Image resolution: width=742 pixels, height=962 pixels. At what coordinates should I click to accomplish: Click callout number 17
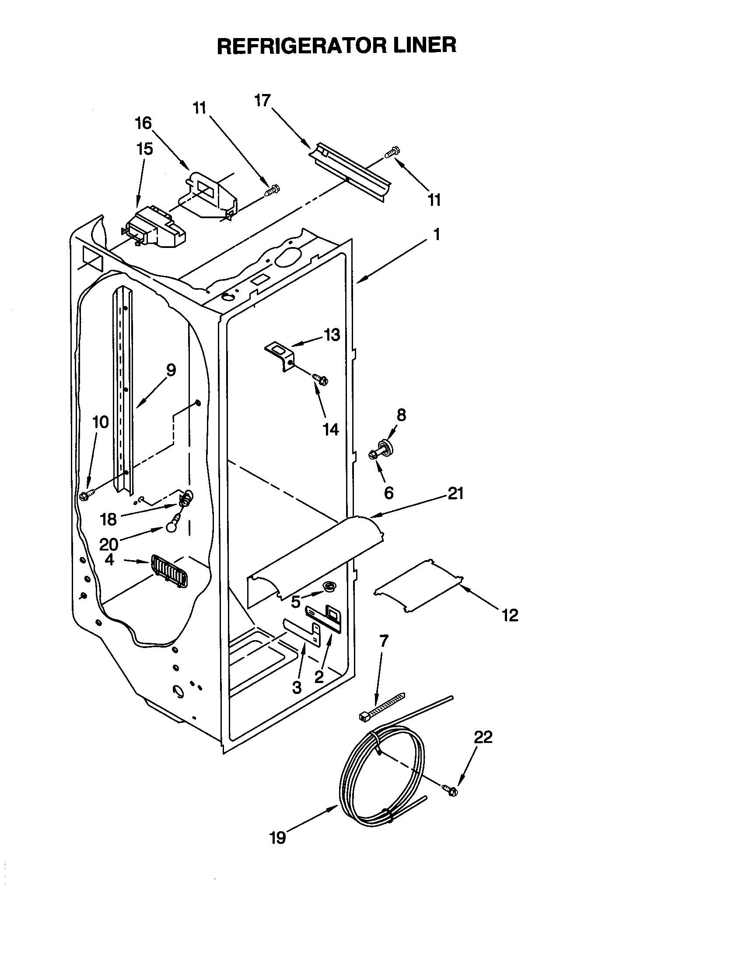(262, 101)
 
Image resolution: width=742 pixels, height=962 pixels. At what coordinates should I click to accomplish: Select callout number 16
(143, 123)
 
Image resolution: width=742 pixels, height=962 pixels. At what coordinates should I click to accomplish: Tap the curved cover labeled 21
(317, 555)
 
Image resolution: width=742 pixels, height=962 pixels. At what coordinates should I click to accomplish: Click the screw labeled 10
(85, 496)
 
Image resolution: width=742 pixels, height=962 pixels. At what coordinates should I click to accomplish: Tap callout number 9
(171, 369)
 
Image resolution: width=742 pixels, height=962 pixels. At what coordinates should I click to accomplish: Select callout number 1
(436, 235)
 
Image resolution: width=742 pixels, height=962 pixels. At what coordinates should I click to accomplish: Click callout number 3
(297, 687)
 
